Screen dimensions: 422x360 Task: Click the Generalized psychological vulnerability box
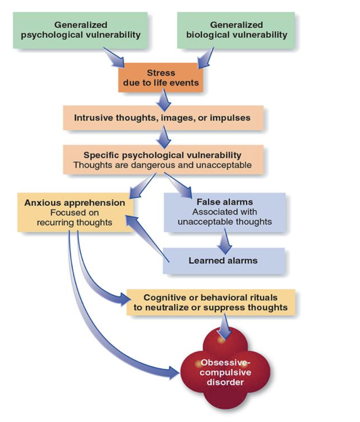click(x=80, y=30)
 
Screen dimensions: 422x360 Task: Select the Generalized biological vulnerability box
click(x=236, y=30)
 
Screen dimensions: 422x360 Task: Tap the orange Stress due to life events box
click(x=161, y=77)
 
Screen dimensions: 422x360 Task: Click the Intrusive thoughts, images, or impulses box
click(x=162, y=118)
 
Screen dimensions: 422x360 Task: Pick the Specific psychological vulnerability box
click(x=162, y=160)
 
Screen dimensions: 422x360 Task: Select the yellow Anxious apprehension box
click(x=75, y=213)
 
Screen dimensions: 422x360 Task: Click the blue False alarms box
click(x=225, y=212)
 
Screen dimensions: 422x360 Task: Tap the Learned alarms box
click(x=224, y=261)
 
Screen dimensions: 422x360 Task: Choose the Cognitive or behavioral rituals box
click(x=210, y=302)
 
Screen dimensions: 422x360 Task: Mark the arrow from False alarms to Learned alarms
click(x=225, y=240)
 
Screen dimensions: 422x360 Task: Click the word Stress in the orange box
click(x=161, y=73)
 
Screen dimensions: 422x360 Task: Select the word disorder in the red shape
click(x=225, y=383)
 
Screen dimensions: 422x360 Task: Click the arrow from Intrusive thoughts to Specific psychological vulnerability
click(x=162, y=137)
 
